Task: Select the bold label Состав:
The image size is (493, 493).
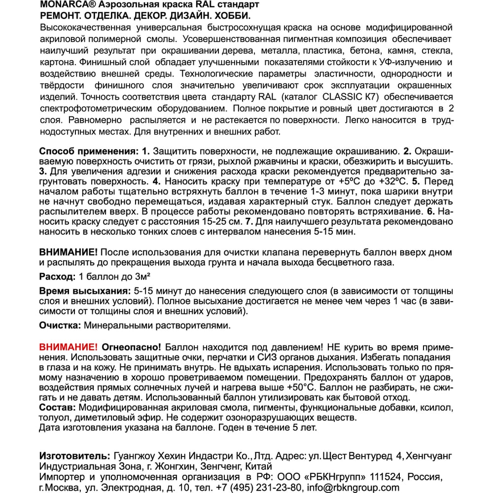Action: point(57,408)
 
